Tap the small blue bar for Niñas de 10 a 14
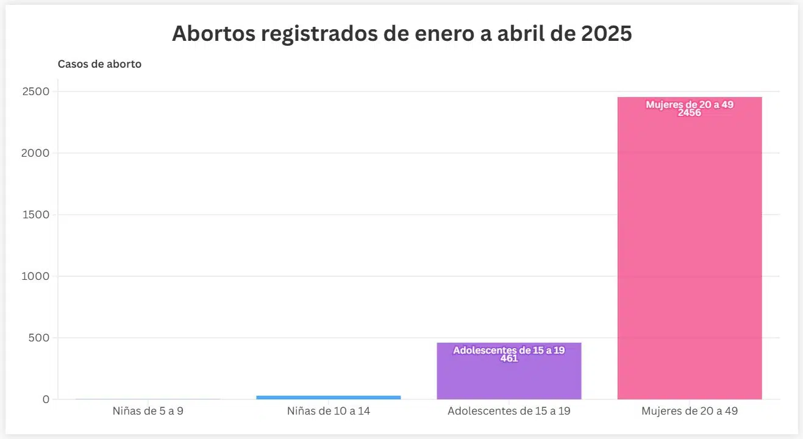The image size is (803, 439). point(328,397)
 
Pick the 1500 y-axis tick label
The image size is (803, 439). point(38,215)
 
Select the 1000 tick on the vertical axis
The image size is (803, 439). point(37,276)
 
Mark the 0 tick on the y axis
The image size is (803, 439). point(46,399)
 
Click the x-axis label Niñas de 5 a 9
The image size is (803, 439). point(148,411)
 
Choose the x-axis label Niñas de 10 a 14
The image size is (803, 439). point(328,411)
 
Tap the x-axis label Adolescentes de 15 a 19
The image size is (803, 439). point(509,411)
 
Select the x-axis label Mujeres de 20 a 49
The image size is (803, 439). point(689,411)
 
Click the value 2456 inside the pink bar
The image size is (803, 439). point(689,113)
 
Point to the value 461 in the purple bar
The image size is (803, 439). point(509,359)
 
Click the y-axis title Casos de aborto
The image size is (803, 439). point(99,64)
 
